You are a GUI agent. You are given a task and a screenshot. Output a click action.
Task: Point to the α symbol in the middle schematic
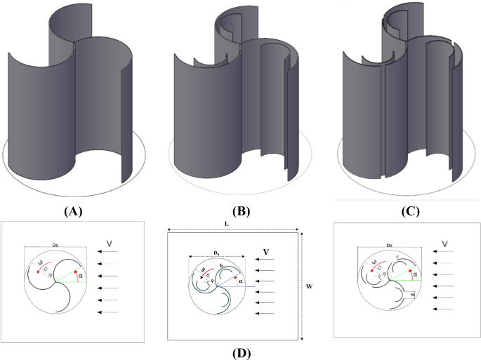(x=242, y=281)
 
